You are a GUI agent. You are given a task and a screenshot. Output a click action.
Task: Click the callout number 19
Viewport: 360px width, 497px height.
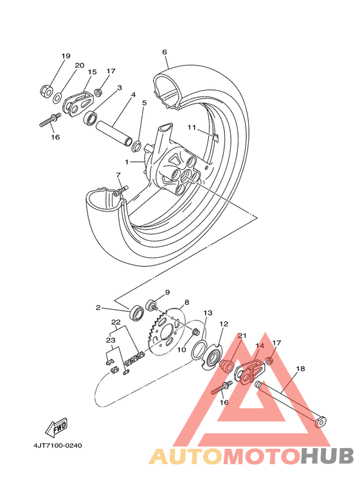[66, 56]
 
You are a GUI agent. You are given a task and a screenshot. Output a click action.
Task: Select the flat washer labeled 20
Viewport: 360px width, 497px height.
[57, 98]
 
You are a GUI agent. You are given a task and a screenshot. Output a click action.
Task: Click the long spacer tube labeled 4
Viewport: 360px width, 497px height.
[114, 132]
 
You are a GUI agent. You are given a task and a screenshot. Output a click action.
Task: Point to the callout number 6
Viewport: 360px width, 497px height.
[165, 51]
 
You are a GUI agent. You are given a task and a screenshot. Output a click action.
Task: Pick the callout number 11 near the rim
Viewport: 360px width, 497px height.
[192, 127]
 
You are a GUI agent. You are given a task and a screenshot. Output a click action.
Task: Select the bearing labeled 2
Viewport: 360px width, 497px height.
[136, 312]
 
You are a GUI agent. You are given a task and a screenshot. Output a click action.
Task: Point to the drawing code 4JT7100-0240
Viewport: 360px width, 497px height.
[58, 446]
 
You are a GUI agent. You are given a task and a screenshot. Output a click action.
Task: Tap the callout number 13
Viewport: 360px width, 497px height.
[208, 313]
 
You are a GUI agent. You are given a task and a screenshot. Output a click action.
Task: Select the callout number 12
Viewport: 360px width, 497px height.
[224, 324]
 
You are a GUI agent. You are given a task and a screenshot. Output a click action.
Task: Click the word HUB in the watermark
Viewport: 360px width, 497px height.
[327, 456]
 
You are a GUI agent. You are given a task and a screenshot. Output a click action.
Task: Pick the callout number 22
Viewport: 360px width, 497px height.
[116, 322]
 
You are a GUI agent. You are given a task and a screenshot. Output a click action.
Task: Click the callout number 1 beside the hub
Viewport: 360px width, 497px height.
[127, 162]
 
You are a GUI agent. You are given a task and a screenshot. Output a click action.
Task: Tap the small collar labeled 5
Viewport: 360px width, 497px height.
[136, 146]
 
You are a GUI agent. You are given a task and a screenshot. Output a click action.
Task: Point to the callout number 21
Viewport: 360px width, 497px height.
[242, 336]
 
